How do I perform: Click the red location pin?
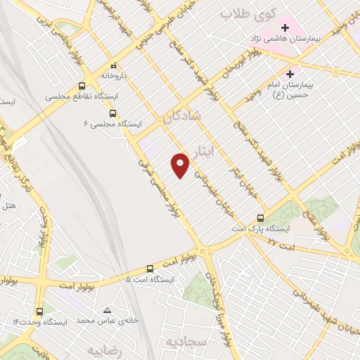pyautogui.click(x=181, y=165)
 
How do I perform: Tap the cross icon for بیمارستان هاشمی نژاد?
pyautogui.click(x=285, y=27)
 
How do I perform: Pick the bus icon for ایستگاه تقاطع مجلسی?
pyautogui.click(x=82, y=86)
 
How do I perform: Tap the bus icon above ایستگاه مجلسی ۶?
pyautogui.click(x=112, y=112)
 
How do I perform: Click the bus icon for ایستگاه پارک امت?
pyautogui.click(x=261, y=218)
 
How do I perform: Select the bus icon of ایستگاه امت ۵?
pyautogui.click(x=150, y=269)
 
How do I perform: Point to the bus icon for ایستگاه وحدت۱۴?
pyautogui.click(x=39, y=310)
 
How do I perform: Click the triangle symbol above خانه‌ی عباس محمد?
pyautogui.click(x=107, y=310)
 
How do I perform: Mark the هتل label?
pyautogui.click(x=9, y=206)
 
